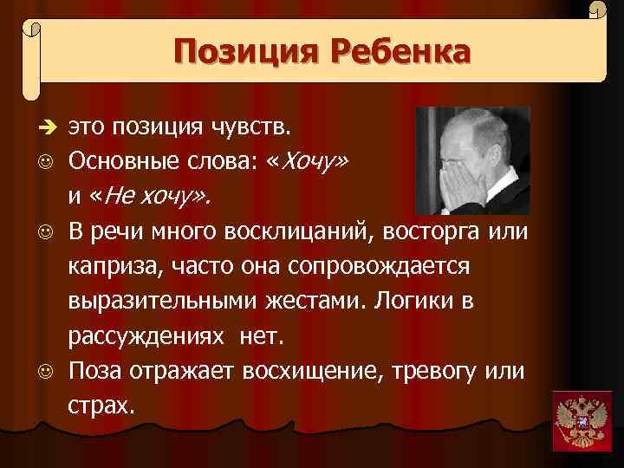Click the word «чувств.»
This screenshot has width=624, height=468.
tap(255, 129)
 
